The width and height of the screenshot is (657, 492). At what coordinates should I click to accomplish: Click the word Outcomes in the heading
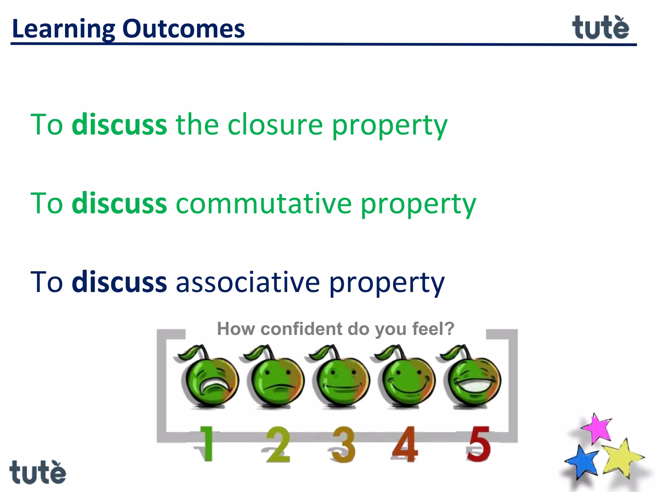pos(183,29)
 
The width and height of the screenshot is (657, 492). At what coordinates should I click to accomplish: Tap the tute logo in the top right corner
pos(600,28)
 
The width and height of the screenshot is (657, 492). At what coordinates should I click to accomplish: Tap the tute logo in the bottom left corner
pos(38,472)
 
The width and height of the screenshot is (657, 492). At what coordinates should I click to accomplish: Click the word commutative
pos(264,203)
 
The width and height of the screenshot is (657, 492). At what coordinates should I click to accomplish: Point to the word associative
pos(248,282)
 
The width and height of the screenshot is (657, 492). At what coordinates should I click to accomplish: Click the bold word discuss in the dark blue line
pos(119,282)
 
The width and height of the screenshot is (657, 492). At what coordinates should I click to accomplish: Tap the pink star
pos(597,429)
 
